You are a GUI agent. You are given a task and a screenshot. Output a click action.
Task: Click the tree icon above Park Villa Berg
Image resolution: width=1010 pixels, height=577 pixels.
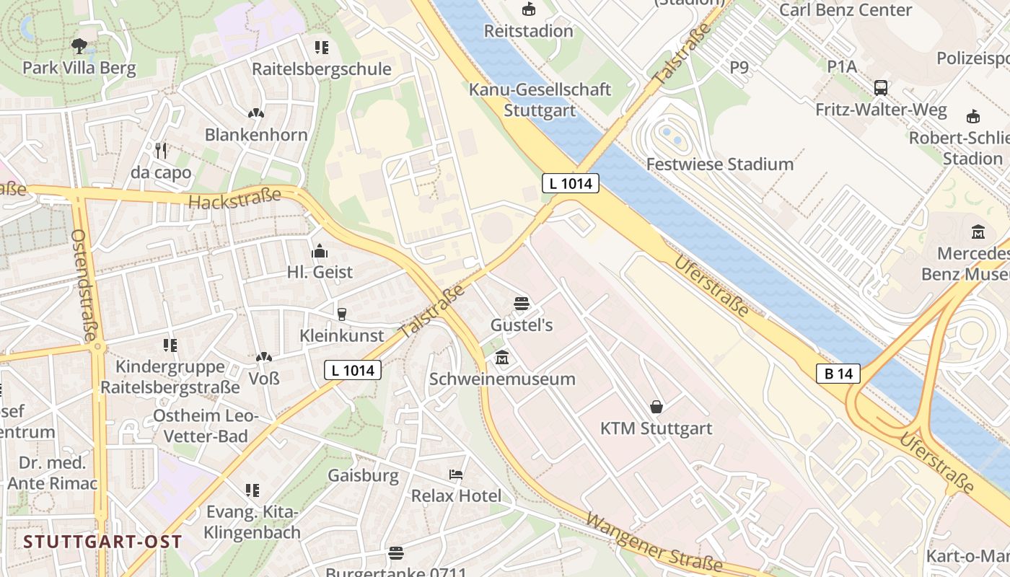tap(79, 47)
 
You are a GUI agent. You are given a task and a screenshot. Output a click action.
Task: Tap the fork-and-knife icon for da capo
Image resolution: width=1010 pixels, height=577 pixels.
tap(161, 151)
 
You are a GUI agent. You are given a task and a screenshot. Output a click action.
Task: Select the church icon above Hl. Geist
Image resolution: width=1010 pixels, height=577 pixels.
tap(320, 251)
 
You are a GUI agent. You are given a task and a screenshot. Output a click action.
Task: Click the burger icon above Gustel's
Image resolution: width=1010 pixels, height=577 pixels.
tap(522, 304)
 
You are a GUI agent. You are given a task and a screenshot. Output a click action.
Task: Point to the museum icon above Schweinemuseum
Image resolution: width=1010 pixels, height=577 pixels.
tap(502, 357)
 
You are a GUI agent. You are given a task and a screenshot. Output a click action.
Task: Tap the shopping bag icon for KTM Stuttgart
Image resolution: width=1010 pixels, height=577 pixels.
tap(656, 407)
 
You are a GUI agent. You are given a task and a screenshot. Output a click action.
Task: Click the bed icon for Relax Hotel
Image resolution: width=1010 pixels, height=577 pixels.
tap(456, 475)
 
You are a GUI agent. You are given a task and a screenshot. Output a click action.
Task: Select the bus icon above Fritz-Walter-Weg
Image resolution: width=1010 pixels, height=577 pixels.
tap(881, 88)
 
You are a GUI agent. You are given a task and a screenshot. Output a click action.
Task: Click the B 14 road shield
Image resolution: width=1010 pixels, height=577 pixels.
tap(838, 374)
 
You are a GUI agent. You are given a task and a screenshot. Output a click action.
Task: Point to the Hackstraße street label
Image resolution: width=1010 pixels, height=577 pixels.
tap(234, 198)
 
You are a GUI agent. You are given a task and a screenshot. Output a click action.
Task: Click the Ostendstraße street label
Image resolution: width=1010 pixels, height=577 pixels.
tap(84, 286)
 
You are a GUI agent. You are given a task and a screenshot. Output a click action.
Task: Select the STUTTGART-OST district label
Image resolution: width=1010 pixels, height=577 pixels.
tap(102, 542)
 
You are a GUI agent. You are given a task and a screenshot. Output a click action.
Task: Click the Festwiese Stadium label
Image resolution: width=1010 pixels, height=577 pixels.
tap(719, 164)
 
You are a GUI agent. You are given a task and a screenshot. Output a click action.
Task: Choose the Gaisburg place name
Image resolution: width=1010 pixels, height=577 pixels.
tap(363, 475)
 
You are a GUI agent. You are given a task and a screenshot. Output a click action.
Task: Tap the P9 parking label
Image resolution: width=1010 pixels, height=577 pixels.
tap(739, 67)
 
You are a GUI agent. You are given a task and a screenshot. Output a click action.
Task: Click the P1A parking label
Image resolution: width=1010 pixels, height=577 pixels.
tap(842, 67)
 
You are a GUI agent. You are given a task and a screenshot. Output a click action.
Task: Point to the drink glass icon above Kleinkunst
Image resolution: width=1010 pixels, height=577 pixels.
tap(342, 314)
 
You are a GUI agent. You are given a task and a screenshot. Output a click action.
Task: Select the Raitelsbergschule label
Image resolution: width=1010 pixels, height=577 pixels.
tap(321, 69)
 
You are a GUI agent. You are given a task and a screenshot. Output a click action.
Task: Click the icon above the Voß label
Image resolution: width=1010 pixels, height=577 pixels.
tap(264, 357)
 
